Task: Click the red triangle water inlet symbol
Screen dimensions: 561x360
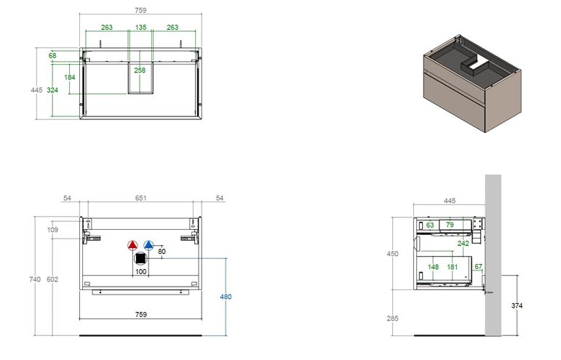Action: coord(132,245)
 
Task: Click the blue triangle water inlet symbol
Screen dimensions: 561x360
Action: coord(148,245)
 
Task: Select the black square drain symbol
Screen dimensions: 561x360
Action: coord(140,258)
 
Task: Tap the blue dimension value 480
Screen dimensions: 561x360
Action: coord(226,297)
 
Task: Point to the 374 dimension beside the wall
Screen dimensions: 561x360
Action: coord(517,305)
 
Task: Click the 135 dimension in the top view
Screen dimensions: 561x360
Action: coord(140,27)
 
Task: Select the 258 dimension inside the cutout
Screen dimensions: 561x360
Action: coord(140,71)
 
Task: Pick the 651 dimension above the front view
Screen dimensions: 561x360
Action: coord(140,198)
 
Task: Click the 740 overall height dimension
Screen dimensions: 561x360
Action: coord(35,279)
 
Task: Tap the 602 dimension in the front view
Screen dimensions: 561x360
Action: coord(52,279)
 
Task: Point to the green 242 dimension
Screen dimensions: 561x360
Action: coord(463,244)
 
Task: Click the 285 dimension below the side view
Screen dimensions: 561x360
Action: coord(392,318)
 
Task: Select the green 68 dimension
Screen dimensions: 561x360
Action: coord(52,55)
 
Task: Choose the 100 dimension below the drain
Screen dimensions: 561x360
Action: coord(140,272)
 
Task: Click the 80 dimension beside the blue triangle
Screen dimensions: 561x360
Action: coord(162,252)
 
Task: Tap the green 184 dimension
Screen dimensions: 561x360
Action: coord(69,77)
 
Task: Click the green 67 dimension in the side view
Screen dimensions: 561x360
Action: coord(478,266)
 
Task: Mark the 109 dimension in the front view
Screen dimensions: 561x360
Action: coord(52,230)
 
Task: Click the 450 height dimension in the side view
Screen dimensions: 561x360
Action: coord(392,254)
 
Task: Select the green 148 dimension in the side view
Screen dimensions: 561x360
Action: coord(433,267)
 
